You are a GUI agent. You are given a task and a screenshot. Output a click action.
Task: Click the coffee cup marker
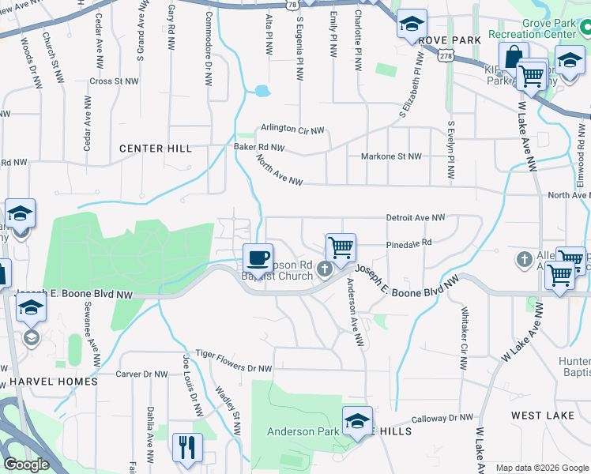(x=258, y=258)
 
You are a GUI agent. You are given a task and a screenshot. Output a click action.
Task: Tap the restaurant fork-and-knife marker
(x=187, y=448)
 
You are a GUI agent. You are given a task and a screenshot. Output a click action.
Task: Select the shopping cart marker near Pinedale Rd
(x=341, y=248)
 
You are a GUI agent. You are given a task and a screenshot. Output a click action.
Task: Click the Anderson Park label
(x=303, y=431)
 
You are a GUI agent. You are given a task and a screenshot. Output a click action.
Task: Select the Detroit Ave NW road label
(x=416, y=216)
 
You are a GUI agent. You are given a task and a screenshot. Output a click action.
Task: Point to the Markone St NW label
(x=391, y=156)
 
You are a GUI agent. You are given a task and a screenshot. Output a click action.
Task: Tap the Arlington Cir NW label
(x=293, y=130)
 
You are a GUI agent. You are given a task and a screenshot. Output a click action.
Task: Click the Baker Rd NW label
(x=258, y=147)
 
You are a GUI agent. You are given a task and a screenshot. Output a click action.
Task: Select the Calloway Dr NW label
(x=441, y=419)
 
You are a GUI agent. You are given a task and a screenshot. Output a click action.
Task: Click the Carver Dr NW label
(x=141, y=374)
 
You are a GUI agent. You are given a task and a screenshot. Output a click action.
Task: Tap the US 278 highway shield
(x=447, y=56)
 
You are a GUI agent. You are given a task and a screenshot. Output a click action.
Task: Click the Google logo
(x=26, y=465)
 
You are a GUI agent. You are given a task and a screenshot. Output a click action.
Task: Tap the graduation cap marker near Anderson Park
(x=357, y=420)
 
